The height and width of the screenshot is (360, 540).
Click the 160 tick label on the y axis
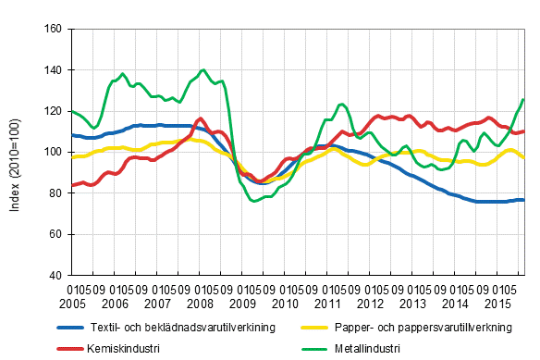53,30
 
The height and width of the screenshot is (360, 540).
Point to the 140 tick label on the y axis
53,70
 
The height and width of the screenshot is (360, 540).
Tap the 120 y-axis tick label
53,111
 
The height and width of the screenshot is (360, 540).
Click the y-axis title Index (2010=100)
16,152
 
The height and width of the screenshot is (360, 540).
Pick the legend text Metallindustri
363,349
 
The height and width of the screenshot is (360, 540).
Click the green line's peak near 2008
202,69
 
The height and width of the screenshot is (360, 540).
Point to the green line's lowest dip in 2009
254,201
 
